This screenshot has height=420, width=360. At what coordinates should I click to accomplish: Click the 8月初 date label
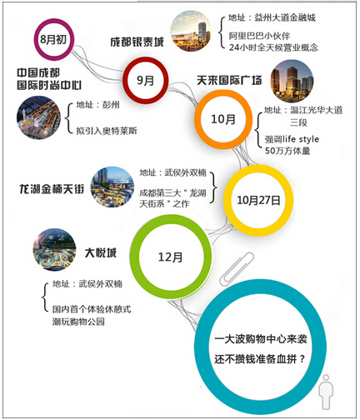(x=53, y=39)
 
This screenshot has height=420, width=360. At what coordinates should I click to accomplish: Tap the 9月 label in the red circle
(x=145, y=81)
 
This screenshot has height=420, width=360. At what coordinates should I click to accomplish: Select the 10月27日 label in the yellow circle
(x=258, y=200)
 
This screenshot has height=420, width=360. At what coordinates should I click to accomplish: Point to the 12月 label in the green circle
(x=170, y=257)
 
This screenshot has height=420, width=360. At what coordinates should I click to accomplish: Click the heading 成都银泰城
(x=137, y=42)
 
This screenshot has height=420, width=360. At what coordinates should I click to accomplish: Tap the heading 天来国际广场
(x=229, y=81)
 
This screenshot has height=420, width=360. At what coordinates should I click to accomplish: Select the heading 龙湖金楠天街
(x=52, y=189)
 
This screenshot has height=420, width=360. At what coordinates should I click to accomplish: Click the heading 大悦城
(x=101, y=252)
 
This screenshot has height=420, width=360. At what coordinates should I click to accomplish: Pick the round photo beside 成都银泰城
(x=191, y=31)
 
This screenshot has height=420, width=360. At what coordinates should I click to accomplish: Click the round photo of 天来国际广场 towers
(x=292, y=81)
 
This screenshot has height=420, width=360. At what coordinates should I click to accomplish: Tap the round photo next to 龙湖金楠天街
(x=112, y=187)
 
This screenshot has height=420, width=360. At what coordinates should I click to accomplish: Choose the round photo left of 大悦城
(x=54, y=250)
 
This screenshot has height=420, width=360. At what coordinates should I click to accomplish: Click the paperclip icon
(x=237, y=268)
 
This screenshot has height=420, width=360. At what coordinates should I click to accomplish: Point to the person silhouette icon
(x=326, y=392)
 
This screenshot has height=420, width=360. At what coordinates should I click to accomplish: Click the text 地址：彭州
(x=97, y=105)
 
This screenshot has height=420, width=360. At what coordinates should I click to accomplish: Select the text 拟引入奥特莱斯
(x=107, y=131)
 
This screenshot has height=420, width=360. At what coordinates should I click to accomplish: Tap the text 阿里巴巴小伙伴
(x=259, y=36)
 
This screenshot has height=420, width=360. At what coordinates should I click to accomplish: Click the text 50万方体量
(x=287, y=151)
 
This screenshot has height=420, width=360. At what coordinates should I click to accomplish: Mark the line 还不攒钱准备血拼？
(x=259, y=359)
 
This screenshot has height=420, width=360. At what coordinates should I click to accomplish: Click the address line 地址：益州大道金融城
(x=272, y=18)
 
